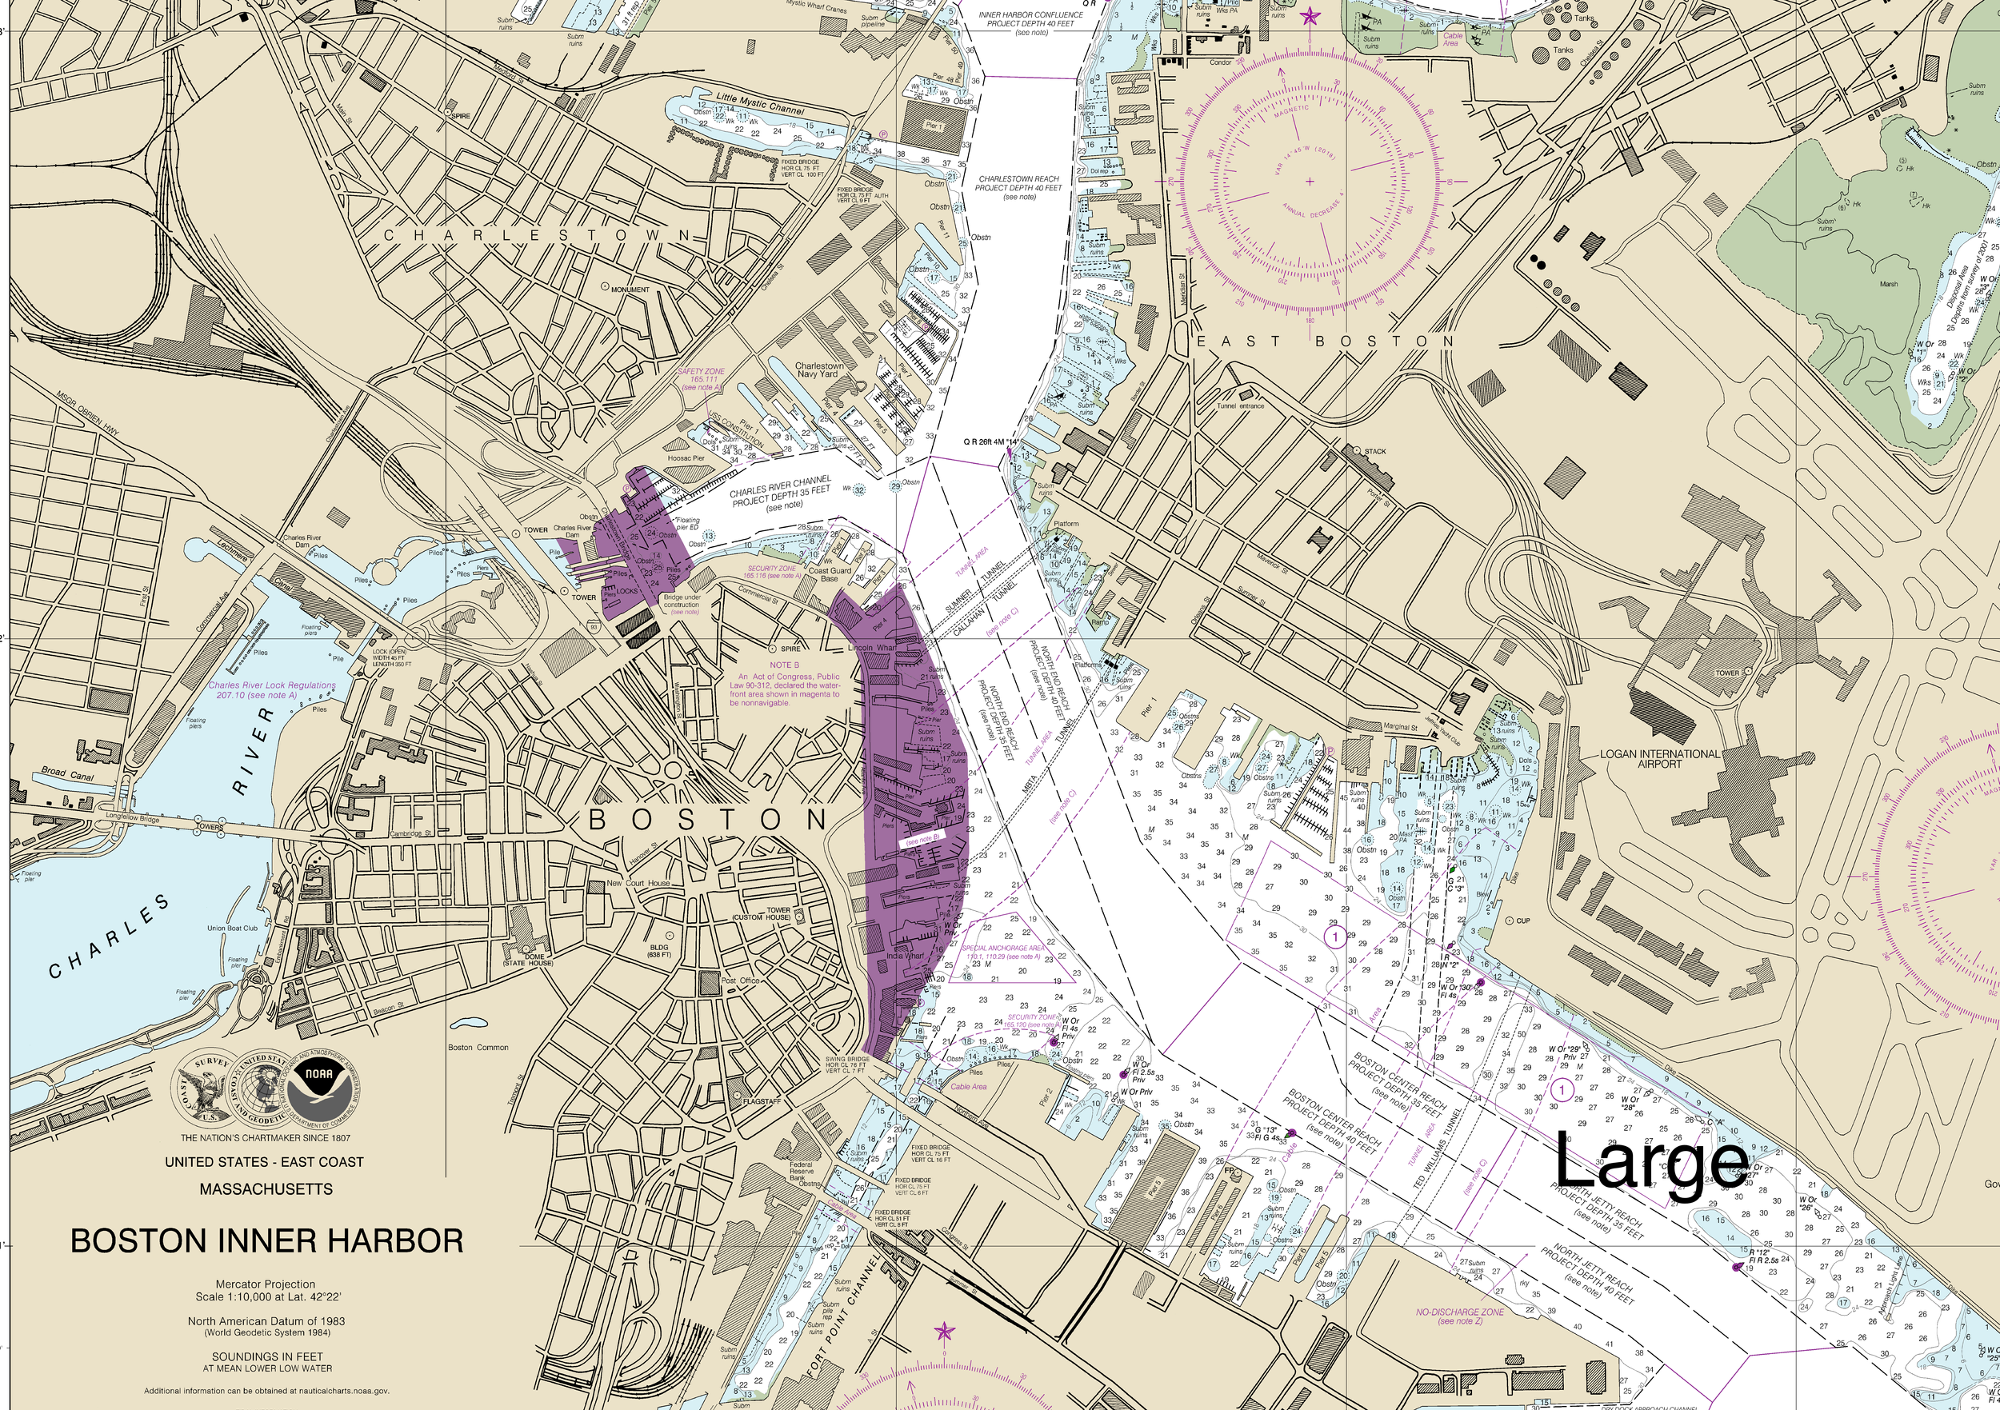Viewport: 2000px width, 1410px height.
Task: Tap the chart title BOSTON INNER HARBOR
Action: (x=266, y=1240)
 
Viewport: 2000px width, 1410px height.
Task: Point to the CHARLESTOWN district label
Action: (x=538, y=236)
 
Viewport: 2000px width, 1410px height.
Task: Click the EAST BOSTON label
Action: (x=1324, y=342)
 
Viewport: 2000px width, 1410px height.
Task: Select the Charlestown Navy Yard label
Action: (x=819, y=370)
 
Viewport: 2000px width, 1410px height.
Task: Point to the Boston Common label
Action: (x=478, y=1048)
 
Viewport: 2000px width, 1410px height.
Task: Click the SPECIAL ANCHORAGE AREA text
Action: (x=1006, y=949)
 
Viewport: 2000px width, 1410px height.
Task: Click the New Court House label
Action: (x=638, y=883)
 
